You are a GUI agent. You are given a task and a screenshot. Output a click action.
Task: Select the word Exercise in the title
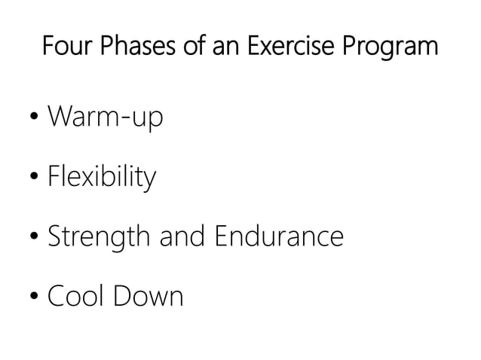click(296, 47)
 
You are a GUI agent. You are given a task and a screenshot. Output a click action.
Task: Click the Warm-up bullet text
click(105, 119)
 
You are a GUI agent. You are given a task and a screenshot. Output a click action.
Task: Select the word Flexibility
click(102, 178)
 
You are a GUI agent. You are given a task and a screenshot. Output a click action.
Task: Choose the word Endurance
click(280, 236)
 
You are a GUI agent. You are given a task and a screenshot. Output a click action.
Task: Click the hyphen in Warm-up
click(127, 121)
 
